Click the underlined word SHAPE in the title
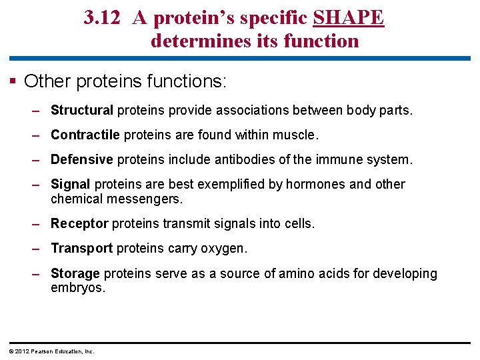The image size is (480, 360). pyautogui.click(x=348, y=18)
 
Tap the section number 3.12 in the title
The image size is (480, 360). pyautogui.click(x=102, y=18)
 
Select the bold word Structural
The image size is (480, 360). pyautogui.click(x=82, y=110)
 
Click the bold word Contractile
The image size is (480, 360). pyautogui.click(x=85, y=135)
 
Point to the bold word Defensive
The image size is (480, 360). pyautogui.click(x=82, y=159)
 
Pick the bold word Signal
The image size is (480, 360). pyautogui.click(x=71, y=184)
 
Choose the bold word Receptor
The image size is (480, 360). pyautogui.click(x=79, y=223)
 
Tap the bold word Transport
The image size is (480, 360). pyautogui.click(x=81, y=248)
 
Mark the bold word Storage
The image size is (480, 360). pyautogui.click(x=75, y=273)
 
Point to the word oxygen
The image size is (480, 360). pyautogui.click(x=224, y=248)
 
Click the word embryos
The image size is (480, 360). pyautogui.click(x=77, y=288)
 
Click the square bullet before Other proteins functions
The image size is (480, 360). pyautogui.click(x=13, y=82)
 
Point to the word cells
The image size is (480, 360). pyautogui.click(x=297, y=223)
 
